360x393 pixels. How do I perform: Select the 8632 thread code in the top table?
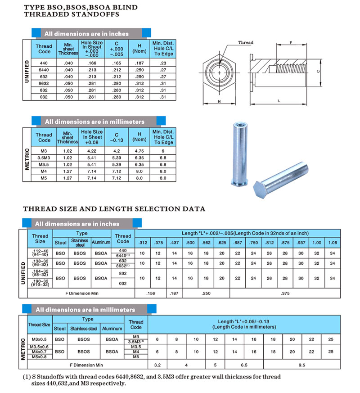pos(44,83)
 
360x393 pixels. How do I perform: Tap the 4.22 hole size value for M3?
pos(92,151)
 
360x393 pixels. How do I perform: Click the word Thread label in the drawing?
pos(246,43)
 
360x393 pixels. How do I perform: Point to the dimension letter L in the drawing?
pos(279,101)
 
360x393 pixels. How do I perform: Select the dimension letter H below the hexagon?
pos(219,101)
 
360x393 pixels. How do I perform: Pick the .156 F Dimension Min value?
pos(151,293)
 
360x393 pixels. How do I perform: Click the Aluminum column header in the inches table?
pos(101,242)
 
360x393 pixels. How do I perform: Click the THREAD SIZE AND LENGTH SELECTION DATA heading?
pos(114,209)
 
